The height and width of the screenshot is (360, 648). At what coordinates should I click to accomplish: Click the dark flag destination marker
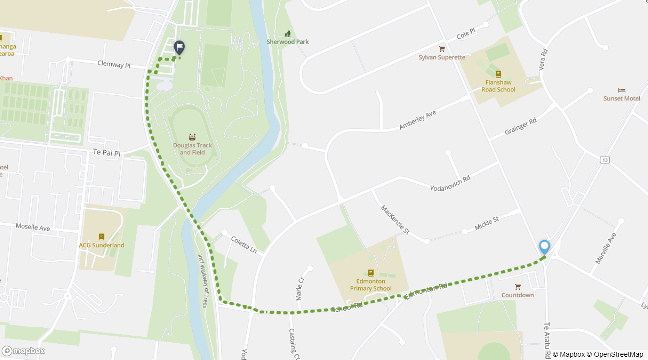click(x=179, y=47)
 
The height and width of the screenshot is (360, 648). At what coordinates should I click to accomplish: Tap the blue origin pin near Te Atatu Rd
click(x=544, y=247)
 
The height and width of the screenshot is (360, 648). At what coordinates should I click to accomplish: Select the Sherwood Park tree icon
click(x=287, y=34)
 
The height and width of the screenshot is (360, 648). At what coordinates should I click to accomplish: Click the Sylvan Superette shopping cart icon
click(x=442, y=49)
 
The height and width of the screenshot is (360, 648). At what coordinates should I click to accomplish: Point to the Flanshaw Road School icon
click(x=498, y=74)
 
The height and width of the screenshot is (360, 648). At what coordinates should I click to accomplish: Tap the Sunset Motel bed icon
click(x=621, y=90)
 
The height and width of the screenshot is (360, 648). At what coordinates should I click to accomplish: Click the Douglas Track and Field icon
click(x=192, y=137)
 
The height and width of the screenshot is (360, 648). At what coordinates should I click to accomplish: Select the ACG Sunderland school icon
click(x=102, y=237)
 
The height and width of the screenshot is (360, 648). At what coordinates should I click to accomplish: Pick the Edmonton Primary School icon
click(x=371, y=273)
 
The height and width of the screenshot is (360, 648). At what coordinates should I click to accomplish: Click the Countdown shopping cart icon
click(x=518, y=287)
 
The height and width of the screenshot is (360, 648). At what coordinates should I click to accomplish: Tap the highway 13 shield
click(x=606, y=160)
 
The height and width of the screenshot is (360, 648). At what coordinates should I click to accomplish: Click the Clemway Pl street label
click(x=114, y=64)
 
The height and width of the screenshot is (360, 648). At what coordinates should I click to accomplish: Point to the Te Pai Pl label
click(x=107, y=153)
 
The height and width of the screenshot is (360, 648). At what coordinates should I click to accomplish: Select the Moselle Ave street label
click(x=33, y=227)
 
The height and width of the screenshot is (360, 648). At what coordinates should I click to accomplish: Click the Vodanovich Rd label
click(x=450, y=183)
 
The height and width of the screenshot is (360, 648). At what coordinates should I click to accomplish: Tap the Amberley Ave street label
click(x=418, y=120)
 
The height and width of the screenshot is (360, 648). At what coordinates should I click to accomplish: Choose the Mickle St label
click(x=487, y=223)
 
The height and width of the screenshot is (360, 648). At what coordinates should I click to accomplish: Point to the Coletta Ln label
click(x=243, y=244)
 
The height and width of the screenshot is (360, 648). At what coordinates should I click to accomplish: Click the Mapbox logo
click(x=23, y=351)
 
